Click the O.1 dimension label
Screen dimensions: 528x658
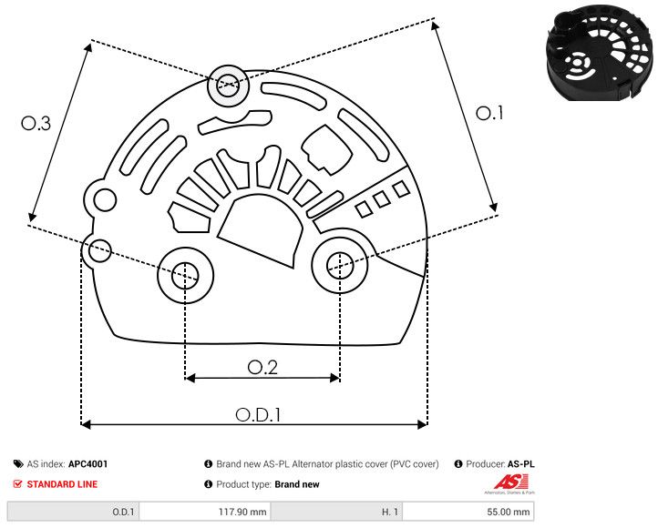[489, 113]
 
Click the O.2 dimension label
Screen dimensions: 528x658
[262, 367]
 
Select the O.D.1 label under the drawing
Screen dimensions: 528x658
[258, 414]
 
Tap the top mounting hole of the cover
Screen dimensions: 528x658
[227, 87]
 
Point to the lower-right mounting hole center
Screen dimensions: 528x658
[339, 265]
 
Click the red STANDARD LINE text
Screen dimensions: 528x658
[62, 484]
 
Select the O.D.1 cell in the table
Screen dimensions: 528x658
[73, 512]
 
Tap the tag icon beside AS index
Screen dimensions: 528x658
[18, 464]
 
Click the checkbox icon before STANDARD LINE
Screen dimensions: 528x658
[18, 484]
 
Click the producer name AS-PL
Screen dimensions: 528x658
[521, 464]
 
